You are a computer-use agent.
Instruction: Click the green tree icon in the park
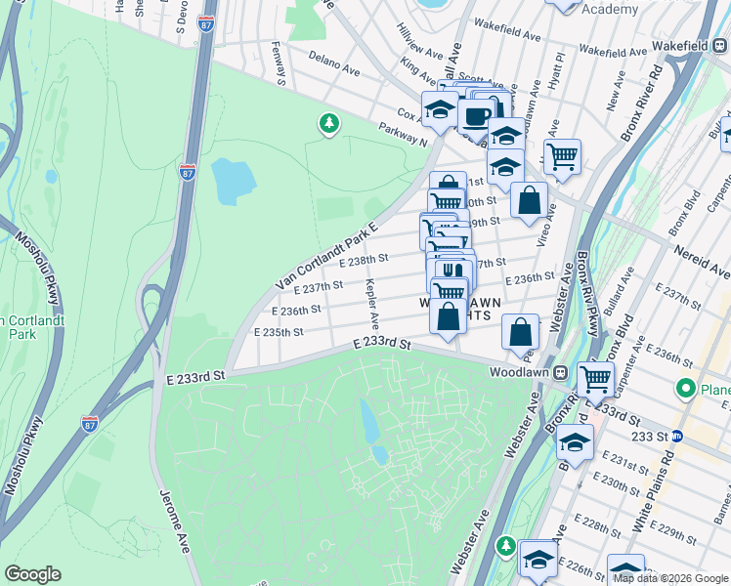pos(329,123)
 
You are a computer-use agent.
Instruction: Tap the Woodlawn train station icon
pos(561,372)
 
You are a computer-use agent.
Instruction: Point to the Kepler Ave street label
pos(372,304)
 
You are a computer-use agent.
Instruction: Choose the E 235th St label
pos(278,332)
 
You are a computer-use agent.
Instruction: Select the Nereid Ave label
pos(702,257)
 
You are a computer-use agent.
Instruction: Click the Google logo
pos(32,574)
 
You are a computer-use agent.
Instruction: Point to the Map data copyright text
pos(670,578)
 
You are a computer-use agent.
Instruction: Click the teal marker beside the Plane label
pos(685,390)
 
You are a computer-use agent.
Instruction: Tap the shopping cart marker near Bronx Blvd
pos(594,379)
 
